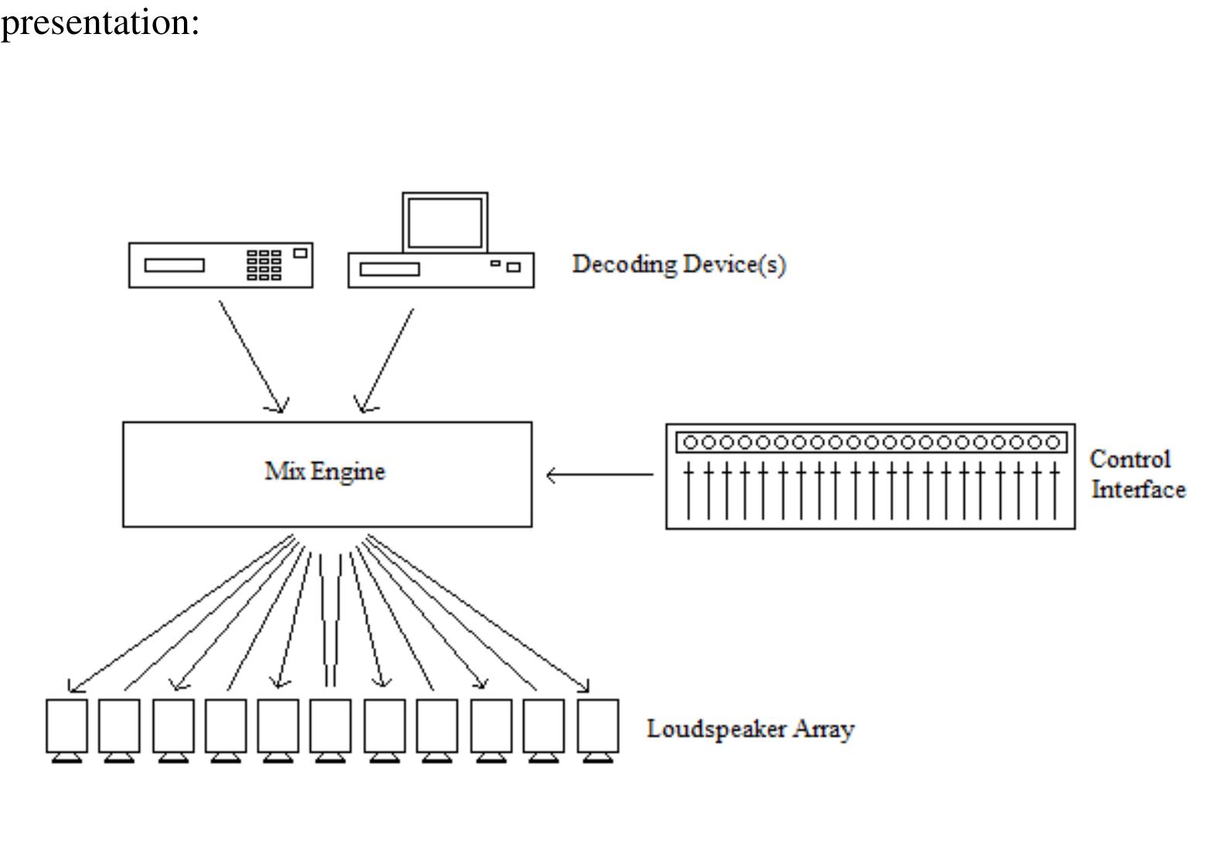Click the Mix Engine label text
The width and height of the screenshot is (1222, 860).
pyautogui.click(x=325, y=471)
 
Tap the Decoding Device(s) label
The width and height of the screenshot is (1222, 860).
pyautogui.click(x=679, y=265)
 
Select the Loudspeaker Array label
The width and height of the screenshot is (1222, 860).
pyautogui.click(x=750, y=729)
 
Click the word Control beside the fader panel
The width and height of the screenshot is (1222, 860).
pyautogui.click(x=1129, y=459)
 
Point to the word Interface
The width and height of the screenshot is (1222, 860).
pyautogui.click(x=1138, y=490)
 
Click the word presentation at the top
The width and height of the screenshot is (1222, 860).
pyautogui.click(x=100, y=22)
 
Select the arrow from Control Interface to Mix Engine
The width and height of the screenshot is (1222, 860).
pyautogui.click(x=599, y=474)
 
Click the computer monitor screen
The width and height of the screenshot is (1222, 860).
pyautogui.click(x=444, y=222)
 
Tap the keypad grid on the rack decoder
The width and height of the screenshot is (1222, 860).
pyautogui.click(x=264, y=265)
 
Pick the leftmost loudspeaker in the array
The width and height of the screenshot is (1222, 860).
pyautogui.click(x=66, y=726)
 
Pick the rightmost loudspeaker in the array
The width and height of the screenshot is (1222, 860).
pyautogui.click(x=597, y=726)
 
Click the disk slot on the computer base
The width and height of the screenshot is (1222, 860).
pyautogui.click(x=390, y=269)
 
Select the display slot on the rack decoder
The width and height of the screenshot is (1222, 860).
pyautogui.click(x=175, y=266)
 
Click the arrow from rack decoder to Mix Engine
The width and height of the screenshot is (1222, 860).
pyautogui.click(x=252, y=355)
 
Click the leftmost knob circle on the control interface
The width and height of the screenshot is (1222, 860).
pyautogui.click(x=690, y=443)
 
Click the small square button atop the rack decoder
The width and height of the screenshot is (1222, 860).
pyautogui.click(x=300, y=253)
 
